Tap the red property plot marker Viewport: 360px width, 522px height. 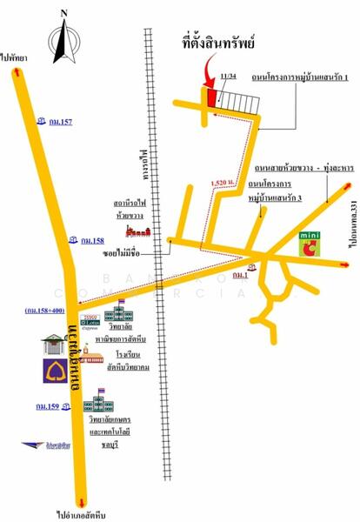[x=211, y=97]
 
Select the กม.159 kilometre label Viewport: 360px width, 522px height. [x=47, y=405]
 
